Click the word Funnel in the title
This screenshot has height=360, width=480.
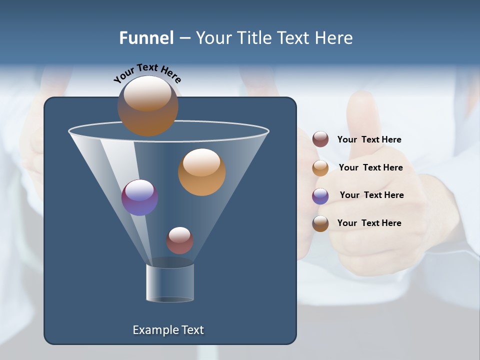[x=146, y=38]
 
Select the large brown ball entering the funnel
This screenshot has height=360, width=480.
[x=147, y=106]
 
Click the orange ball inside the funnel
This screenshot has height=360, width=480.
[x=201, y=172]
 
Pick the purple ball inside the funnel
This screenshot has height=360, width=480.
[x=139, y=197]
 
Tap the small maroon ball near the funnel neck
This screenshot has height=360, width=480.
[x=179, y=240]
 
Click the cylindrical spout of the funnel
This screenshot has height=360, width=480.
[x=169, y=282]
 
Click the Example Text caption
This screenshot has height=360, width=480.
[x=168, y=330]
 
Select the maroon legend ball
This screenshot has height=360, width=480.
[x=320, y=139]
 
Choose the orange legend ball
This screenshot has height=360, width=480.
[x=320, y=168]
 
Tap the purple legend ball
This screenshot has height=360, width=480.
[x=320, y=196]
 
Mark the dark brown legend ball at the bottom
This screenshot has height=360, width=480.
[x=320, y=223]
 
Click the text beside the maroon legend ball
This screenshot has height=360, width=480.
[x=369, y=139]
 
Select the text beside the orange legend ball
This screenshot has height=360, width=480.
[x=370, y=167]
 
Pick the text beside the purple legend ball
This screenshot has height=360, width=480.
[x=371, y=195]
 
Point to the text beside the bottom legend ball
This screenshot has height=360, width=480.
[x=369, y=223]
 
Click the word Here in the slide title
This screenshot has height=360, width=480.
[x=333, y=38]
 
